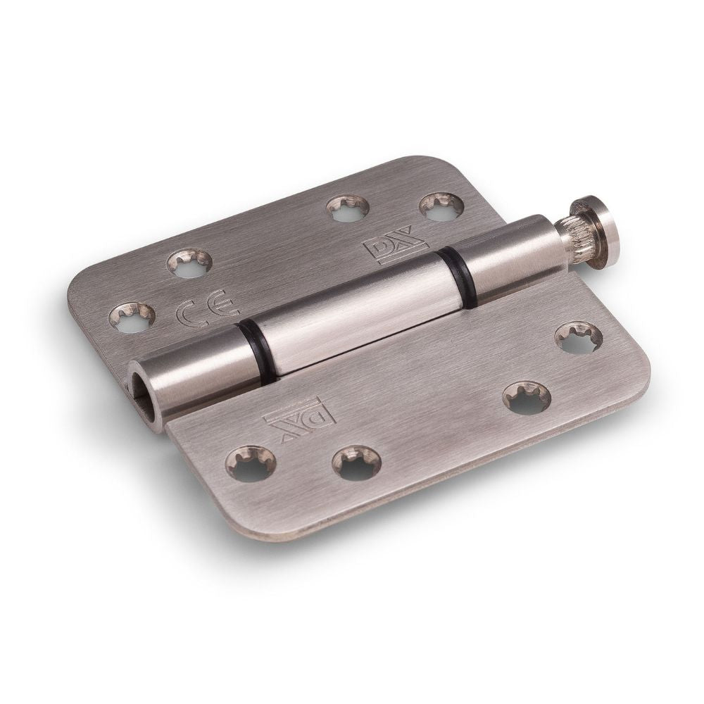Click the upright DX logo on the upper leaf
pyautogui.click(x=394, y=246)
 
